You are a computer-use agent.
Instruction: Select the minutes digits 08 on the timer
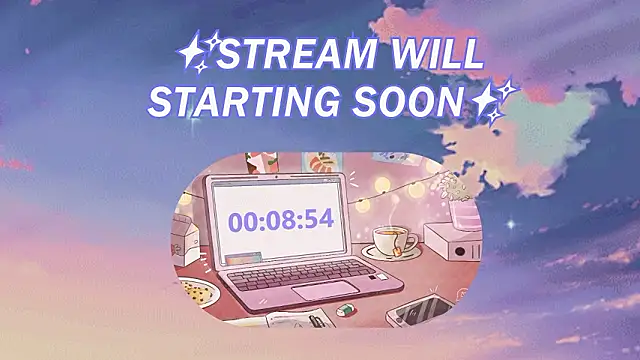coord(280,221)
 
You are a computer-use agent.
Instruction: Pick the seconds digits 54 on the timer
coord(318,221)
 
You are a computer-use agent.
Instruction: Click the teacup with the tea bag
coord(391,241)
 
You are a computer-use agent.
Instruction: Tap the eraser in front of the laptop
coord(345,309)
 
